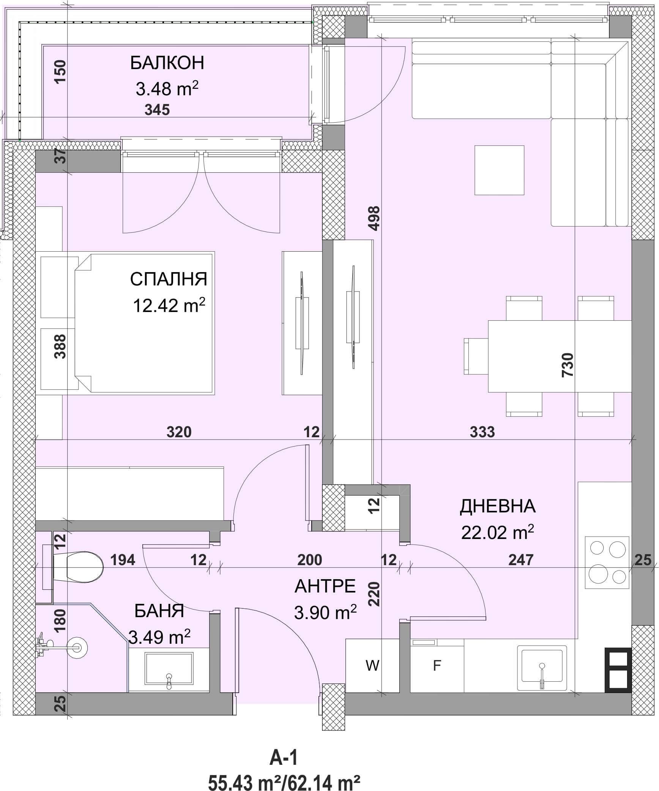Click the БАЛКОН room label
[x=167, y=63]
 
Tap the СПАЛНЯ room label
[x=169, y=279]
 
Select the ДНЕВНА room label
[x=498, y=506]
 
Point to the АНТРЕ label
[x=325, y=586]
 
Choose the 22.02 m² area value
[x=498, y=532]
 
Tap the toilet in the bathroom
[x=78, y=567]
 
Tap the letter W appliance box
[x=372, y=666]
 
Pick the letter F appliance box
[x=437, y=666]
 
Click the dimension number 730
[x=567, y=364]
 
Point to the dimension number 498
[x=374, y=218]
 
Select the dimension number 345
[x=157, y=110]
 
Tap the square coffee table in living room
[x=499, y=170]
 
